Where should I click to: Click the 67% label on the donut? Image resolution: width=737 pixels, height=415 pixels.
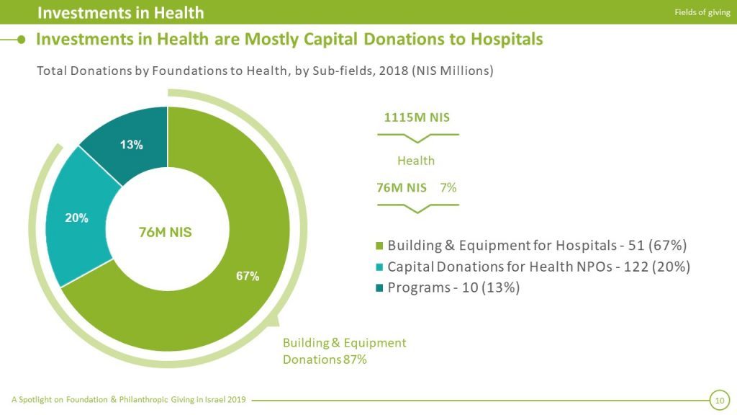(x=248, y=276)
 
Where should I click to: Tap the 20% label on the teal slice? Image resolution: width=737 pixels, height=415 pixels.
(x=77, y=218)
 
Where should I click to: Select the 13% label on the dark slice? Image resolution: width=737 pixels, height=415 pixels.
(x=131, y=144)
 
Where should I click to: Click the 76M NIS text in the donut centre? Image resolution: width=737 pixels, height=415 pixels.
(x=165, y=232)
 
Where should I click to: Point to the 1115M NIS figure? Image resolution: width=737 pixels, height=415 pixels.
(x=417, y=117)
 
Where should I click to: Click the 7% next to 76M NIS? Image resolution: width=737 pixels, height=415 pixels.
(x=448, y=187)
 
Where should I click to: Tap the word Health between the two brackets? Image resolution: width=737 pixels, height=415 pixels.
(x=416, y=160)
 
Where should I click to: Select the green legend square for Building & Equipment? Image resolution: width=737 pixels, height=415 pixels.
(x=379, y=246)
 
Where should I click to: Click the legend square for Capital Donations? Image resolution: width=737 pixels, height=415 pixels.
(x=379, y=267)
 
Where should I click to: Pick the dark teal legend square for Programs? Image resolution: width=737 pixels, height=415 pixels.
(x=379, y=287)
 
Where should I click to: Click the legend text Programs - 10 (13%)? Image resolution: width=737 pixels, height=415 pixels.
(x=453, y=287)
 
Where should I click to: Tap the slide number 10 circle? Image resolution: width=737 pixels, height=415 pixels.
(x=718, y=399)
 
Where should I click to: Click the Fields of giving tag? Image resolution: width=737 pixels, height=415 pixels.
(x=702, y=12)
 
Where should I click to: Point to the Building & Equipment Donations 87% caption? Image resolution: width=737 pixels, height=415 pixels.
(x=344, y=351)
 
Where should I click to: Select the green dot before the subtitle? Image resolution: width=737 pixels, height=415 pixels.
(x=22, y=39)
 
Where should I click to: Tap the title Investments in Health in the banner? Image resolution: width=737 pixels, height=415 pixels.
(x=120, y=12)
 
